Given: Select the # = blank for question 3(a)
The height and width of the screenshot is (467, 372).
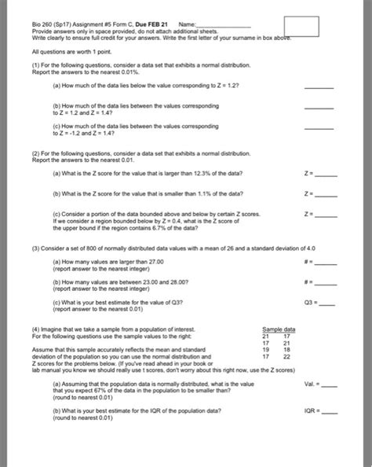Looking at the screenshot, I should point(326,265).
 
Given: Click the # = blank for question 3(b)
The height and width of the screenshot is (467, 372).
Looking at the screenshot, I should point(326,285).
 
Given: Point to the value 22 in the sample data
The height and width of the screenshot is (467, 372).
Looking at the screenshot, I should point(287,356).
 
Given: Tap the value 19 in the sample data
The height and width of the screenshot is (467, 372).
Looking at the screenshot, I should point(265,349).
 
